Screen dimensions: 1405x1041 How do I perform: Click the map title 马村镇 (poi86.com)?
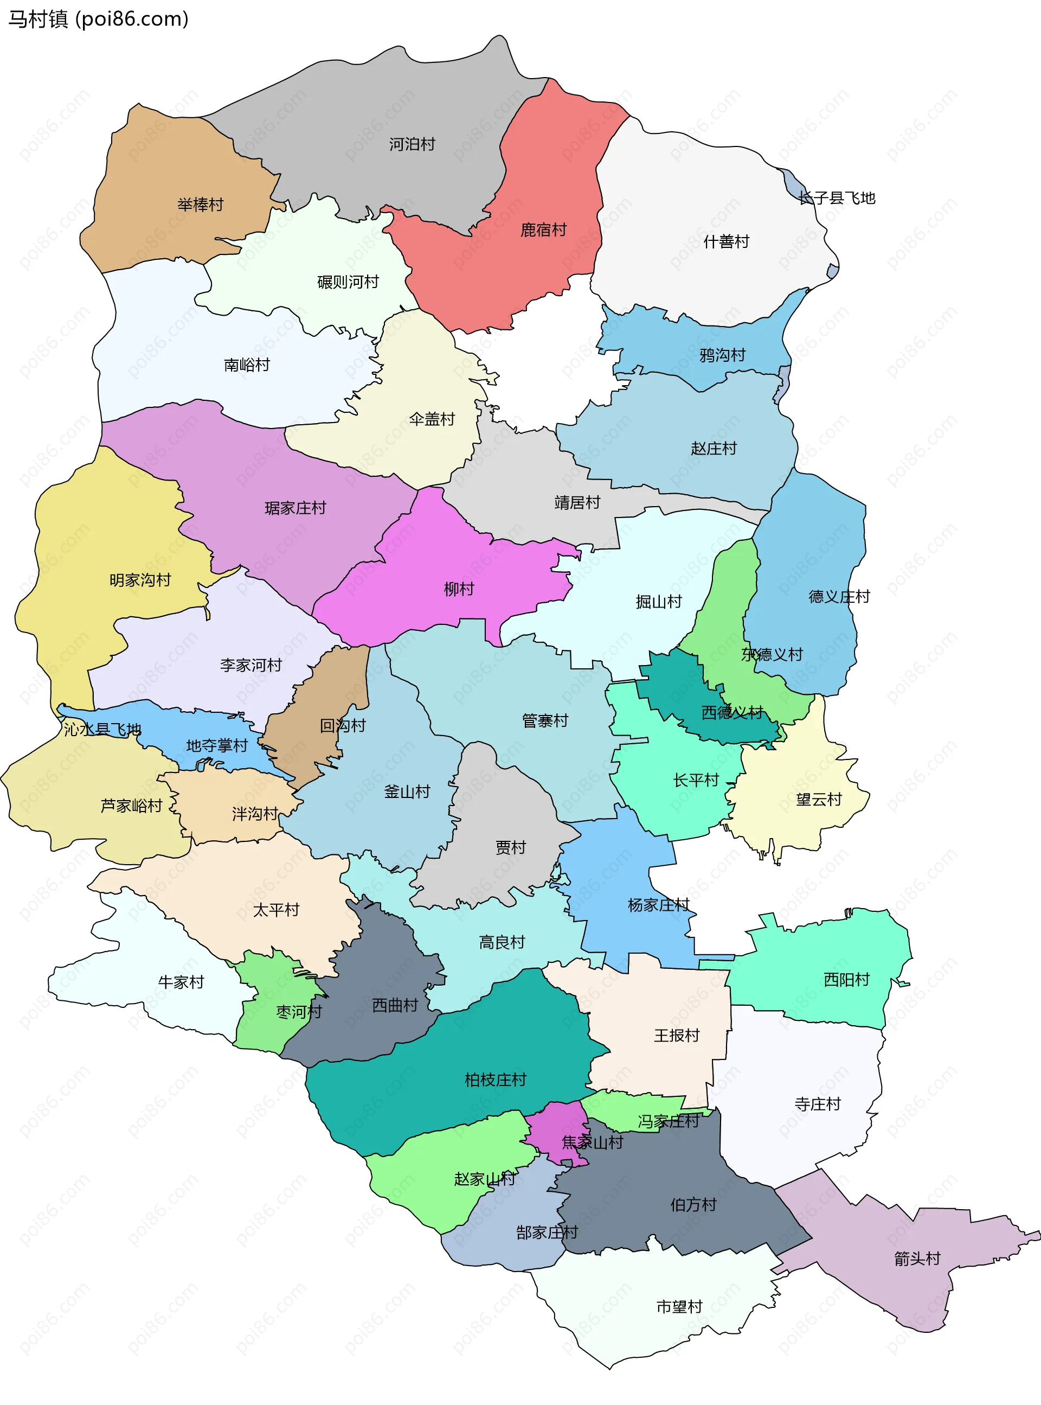[x=98, y=19]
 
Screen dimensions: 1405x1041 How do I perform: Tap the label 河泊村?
[x=412, y=144]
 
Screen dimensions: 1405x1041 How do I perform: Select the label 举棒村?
[x=201, y=205]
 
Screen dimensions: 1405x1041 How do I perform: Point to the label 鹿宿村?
[x=543, y=230]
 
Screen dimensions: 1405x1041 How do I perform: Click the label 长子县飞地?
[x=837, y=198]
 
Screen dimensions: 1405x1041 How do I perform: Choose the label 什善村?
[x=726, y=241]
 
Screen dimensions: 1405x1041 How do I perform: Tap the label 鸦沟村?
[x=722, y=355]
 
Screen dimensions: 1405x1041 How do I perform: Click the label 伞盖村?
[x=432, y=419]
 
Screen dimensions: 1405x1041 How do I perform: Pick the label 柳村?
[x=459, y=589]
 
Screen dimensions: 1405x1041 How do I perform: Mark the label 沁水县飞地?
[x=102, y=729]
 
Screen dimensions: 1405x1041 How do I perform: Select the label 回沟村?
[x=342, y=725]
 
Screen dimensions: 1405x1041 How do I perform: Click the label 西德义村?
[x=732, y=713]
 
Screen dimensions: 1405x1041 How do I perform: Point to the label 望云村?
[x=819, y=800]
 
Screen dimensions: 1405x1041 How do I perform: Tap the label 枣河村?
[x=299, y=1012]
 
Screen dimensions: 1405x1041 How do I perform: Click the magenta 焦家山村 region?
[x=555, y=1128]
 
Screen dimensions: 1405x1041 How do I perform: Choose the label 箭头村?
[x=917, y=1259]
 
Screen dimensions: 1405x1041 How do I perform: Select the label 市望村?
[x=679, y=1307]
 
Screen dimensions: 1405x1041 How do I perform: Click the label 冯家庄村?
[x=668, y=1121]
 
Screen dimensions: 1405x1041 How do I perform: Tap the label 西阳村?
[x=846, y=980]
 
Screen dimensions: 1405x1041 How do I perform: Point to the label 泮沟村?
[x=255, y=814]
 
